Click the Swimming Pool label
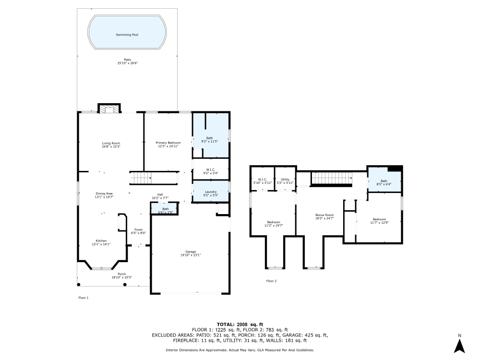point(127,35)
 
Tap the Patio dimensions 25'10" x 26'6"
point(127,63)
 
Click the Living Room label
point(111,143)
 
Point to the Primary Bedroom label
point(168,143)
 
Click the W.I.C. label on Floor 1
point(210,169)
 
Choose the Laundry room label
point(210,192)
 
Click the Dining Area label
point(104,193)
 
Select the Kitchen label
point(101,241)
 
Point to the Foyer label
point(138,230)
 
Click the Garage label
point(191,252)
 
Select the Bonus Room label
point(324,215)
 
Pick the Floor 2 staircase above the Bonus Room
point(332,178)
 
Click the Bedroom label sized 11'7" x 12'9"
point(379,219)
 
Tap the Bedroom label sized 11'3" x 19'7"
point(274,222)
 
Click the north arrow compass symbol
point(459,345)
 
